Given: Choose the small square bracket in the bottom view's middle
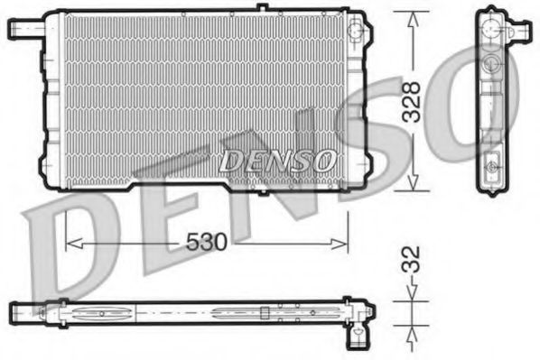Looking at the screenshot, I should tap(264, 313).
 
